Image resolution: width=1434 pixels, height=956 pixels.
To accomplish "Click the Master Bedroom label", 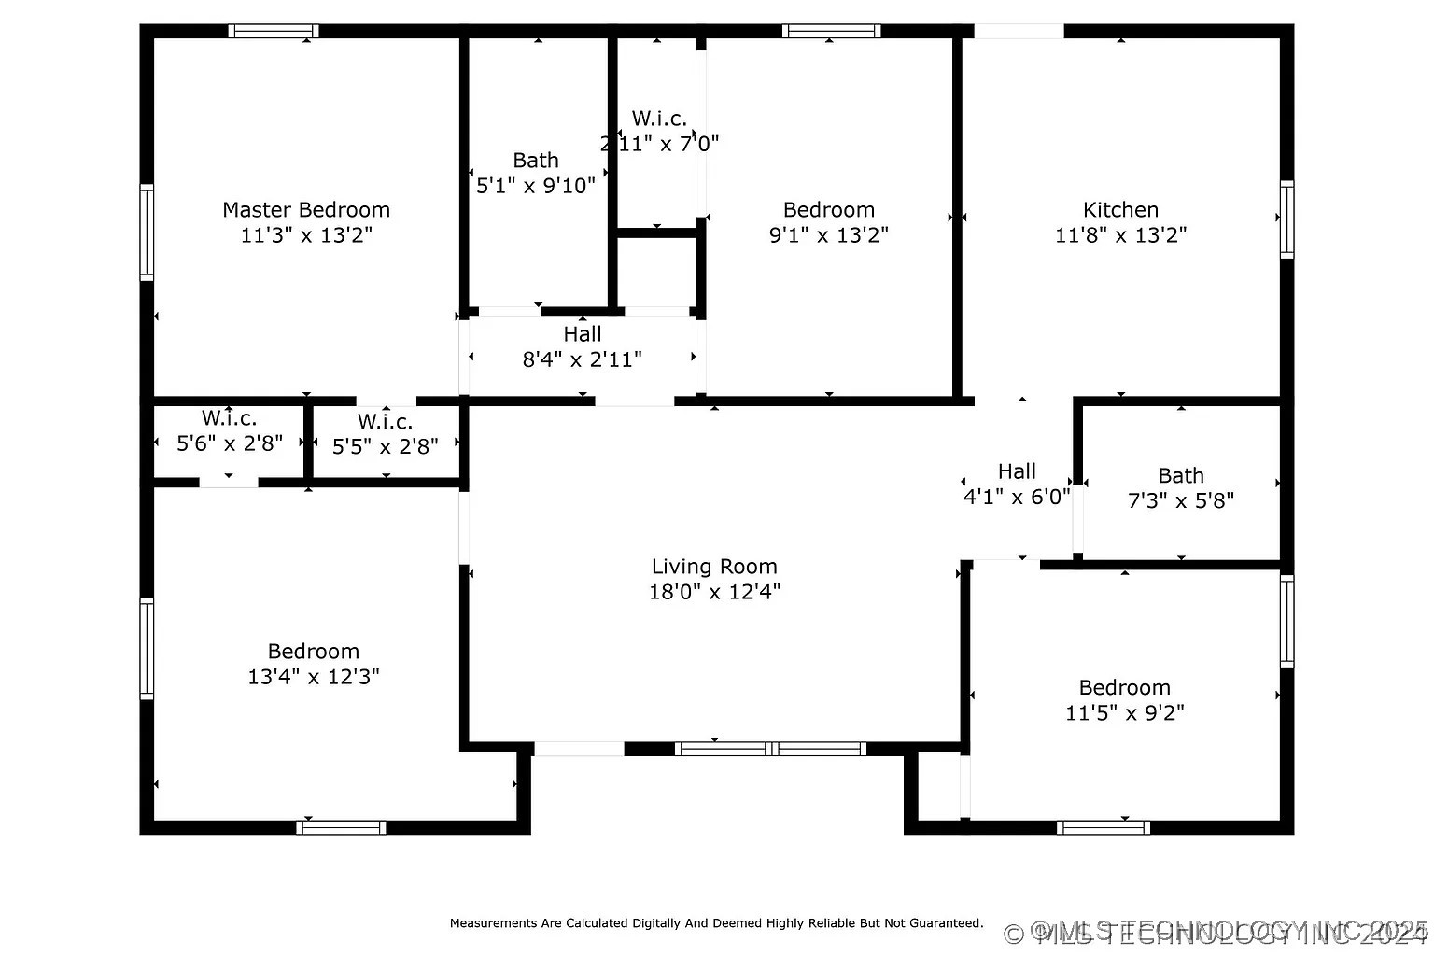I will (x=306, y=210).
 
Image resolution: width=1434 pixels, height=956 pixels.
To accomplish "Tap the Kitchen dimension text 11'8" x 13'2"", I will (x=1120, y=235).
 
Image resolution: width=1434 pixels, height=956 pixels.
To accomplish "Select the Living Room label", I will (x=714, y=567).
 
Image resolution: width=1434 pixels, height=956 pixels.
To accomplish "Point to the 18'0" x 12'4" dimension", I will (x=714, y=592).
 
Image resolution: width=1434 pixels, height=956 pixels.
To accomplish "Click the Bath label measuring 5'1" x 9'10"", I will (x=536, y=161).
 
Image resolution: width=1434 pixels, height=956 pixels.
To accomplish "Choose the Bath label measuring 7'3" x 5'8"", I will (x=1181, y=476).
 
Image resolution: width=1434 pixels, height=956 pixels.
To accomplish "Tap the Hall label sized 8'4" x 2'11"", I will (x=583, y=334).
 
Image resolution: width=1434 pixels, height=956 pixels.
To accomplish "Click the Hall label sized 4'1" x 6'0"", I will (x=1017, y=471).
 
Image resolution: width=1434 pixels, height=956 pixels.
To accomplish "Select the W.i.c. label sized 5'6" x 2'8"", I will (x=230, y=418).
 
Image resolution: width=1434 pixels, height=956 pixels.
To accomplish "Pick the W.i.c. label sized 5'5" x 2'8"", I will (x=385, y=422).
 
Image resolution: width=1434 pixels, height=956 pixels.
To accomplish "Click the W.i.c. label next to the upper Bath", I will (x=659, y=119).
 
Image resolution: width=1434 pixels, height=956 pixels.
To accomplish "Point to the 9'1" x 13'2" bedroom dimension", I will (x=828, y=235).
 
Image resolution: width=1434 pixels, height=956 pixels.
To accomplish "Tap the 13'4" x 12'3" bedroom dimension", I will (x=314, y=677).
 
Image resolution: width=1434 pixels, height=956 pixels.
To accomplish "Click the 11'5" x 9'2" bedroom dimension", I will (x=1125, y=713).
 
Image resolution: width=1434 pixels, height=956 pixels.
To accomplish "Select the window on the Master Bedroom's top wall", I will (x=274, y=31).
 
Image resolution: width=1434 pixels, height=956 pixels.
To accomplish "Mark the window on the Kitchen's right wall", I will (x=1286, y=219).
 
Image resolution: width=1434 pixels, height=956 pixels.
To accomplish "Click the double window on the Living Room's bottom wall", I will (x=770, y=749).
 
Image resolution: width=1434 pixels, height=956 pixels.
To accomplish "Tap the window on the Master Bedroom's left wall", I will (x=147, y=232).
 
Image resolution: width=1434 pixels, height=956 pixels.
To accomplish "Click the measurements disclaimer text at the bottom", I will (x=716, y=923).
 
